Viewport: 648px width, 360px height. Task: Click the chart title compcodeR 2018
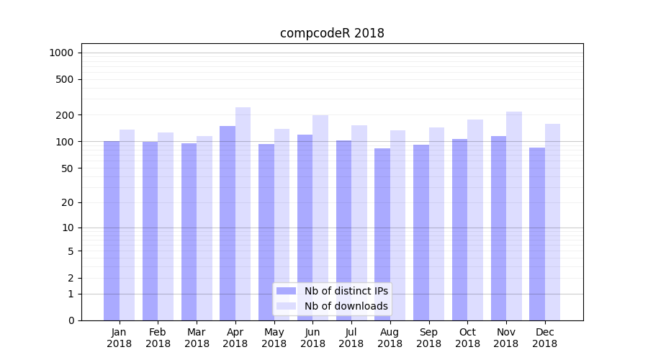pyautogui.click(x=332, y=33)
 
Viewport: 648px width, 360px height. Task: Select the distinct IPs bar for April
pyautogui.click(x=228, y=223)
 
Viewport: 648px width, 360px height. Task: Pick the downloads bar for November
pyautogui.click(x=514, y=216)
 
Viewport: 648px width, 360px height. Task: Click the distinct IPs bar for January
pyautogui.click(x=112, y=230)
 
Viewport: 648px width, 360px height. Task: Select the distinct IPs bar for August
pyautogui.click(x=382, y=234)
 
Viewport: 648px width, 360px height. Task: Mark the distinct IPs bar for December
pyautogui.click(x=537, y=234)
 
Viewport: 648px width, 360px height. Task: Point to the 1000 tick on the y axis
pyautogui.click(x=61, y=53)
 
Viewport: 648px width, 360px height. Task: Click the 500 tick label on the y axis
pyautogui.click(x=65, y=79)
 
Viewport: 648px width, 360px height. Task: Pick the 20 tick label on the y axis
pyautogui.click(x=67, y=202)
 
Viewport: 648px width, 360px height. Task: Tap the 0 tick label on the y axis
pyautogui.click(x=71, y=320)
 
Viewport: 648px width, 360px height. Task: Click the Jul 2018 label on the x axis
pyautogui.click(x=351, y=338)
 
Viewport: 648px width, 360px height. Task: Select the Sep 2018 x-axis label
pyautogui.click(x=428, y=338)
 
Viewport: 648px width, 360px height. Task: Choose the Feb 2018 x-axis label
pyautogui.click(x=158, y=338)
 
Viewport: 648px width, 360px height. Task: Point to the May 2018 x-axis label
pyautogui.click(x=274, y=338)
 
